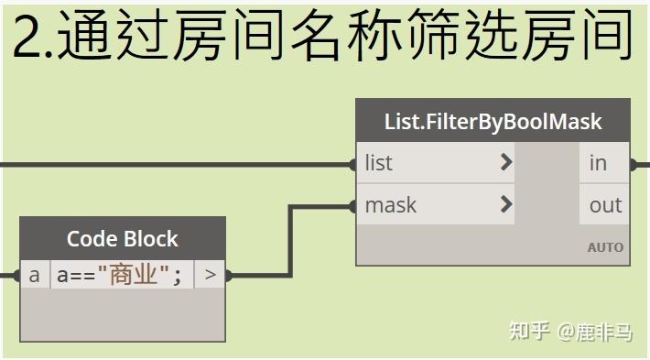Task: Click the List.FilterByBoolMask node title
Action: [493, 121]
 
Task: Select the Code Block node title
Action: [123, 238]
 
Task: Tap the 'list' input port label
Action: [379, 163]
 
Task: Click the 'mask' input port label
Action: [390, 205]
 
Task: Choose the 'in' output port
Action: [599, 163]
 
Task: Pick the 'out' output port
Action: [605, 205]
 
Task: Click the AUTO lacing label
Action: [605, 247]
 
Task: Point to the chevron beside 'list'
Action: [505, 163]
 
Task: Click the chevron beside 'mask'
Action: [505, 205]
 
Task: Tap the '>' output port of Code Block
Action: [210, 274]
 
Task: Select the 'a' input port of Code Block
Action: [34, 274]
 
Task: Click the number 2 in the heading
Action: [27, 38]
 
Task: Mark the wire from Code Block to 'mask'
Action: [291, 238]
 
